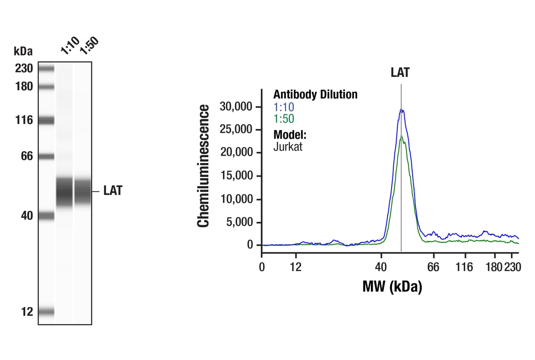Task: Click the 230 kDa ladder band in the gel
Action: [x=46, y=69]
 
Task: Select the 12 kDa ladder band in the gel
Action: [x=46, y=312]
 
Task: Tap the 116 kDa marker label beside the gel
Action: [x=23, y=120]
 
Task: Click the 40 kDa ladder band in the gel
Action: [x=46, y=216]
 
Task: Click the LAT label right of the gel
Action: [x=113, y=191]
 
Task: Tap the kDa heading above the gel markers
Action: [x=23, y=51]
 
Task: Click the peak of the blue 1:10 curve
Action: [x=401, y=109]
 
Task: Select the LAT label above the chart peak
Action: [x=400, y=73]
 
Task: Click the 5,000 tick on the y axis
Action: [x=240, y=222]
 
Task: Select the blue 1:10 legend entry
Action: [x=284, y=107]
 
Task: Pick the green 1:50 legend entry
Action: [x=284, y=119]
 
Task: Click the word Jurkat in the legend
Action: [x=288, y=147]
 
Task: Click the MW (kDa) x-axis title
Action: [x=392, y=286]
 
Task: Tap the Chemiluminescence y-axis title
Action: [x=203, y=166]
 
